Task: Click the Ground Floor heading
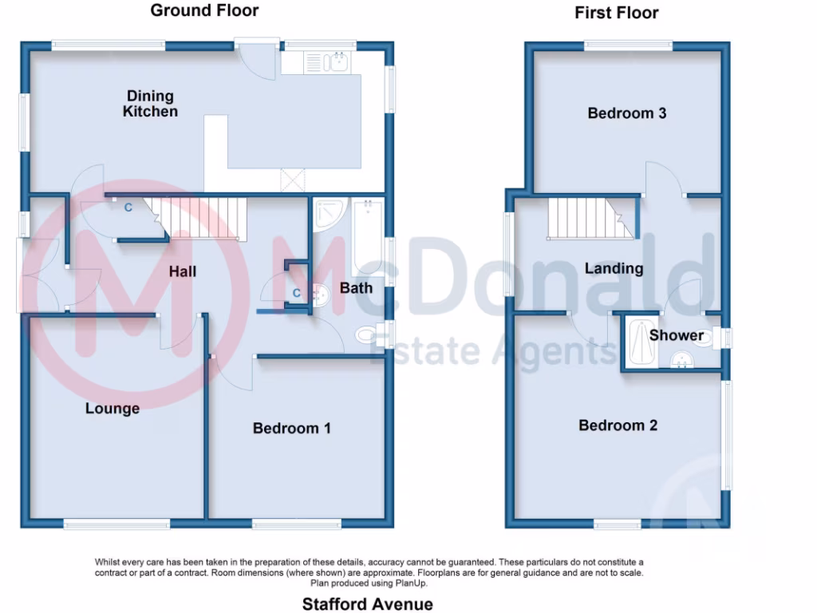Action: [x=204, y=10]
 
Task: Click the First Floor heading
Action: [x=616, y=13]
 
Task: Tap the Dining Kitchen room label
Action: [x=150, y=105]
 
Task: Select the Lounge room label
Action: [x=112, y=409]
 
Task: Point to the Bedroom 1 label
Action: [x=291, y=429]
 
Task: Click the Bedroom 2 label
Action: [x=618, y=425]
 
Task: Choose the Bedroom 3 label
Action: [x=626, y=113]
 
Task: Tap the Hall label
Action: [x=182, y=272]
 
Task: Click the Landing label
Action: [x=614, y=268]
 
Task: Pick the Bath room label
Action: [x=356, y=287]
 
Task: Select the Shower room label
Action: [x=676, y=335]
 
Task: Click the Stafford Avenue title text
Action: [x=367, y=603]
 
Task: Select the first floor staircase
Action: [x=590, y=218]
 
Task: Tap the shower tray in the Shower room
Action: [x=640, y=344]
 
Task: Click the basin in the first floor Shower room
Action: [x=682, y=362]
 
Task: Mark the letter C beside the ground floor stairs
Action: [x=128, y=208]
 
